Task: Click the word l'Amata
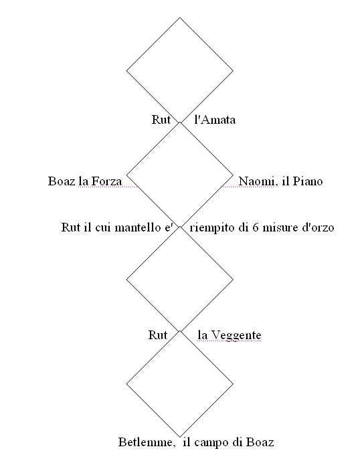(215, 120)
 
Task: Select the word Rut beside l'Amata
(161, 120)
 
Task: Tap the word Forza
(106, 181)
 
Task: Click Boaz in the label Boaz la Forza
(62, 181)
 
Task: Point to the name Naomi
(256, 181)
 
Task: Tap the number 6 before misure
(256, 227)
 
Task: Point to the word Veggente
(236, 335)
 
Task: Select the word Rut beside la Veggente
(157, 335)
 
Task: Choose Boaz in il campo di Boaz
(260, 442)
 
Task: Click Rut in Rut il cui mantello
(71, 227)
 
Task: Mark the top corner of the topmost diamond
(180, 17)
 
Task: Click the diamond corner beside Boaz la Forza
(126, 175)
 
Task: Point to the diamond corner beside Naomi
(233, 175)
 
